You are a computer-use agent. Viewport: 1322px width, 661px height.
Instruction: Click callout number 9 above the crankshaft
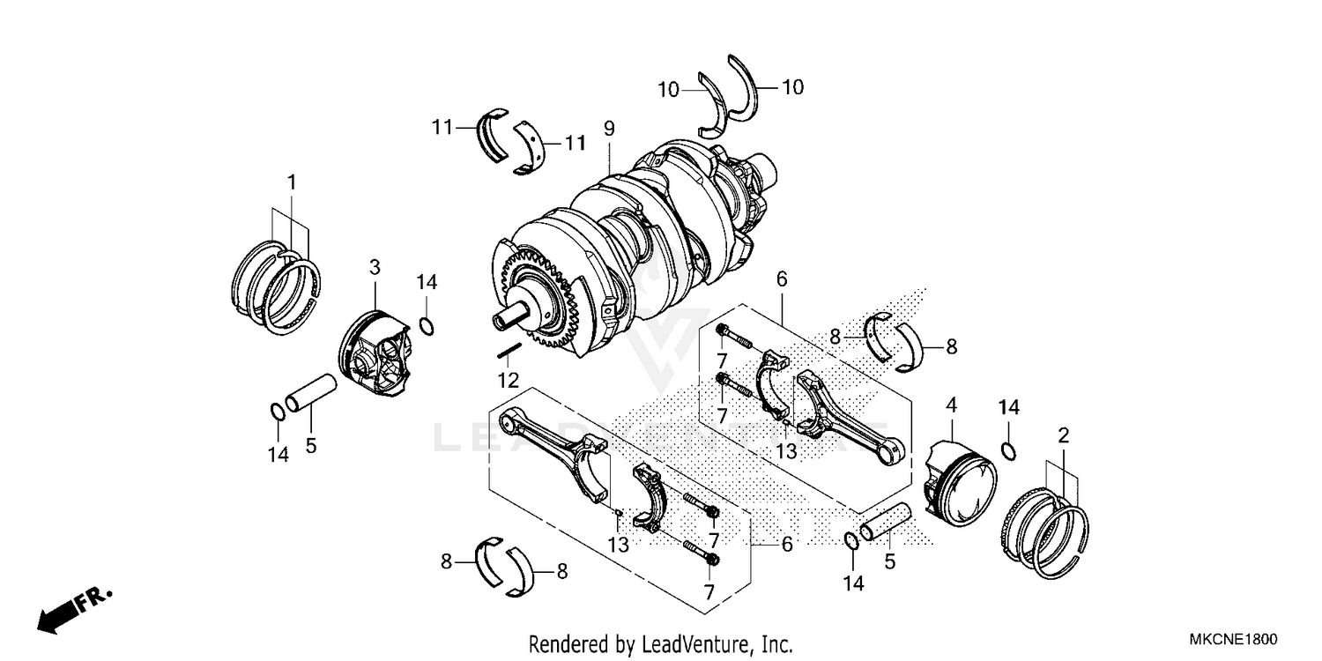pos(608,129)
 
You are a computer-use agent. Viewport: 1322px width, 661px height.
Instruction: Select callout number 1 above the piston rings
pos(291,182)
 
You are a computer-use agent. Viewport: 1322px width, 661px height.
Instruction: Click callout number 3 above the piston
pos(375,266)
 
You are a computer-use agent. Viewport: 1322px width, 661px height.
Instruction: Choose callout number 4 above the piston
pos(951,407)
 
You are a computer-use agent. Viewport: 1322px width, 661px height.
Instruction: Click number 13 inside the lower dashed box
pos(618,545)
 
